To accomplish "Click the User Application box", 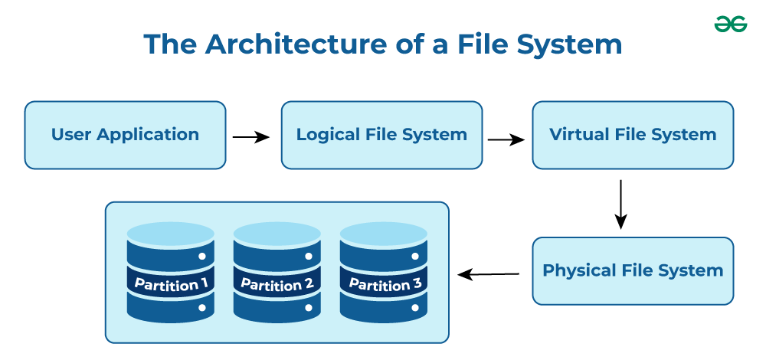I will pyautogui.click(x=125, y=135).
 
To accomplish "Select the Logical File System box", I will pyautogui.click(x=381, y=135).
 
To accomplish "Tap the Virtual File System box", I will pyautogui.click(x=633, y=135).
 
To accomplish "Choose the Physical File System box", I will pyautogui.click(x=633, y=271).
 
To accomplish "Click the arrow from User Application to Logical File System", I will pyautogui.click(x=250, y=137).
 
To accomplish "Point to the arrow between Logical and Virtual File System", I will pyautogui.click(x=506, y=140).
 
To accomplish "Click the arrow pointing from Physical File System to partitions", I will pyautogui.click(x=489, y=273).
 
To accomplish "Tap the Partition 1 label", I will pyautogui.click(x=171, y=285).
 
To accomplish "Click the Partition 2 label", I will pyautogui.click(x=277, y=285).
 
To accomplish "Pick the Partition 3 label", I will pyautogui.click(x=385, y=285).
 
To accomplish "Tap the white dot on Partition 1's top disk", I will pyautogui.click(x=201, y=257).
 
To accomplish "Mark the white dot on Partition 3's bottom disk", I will pyautogui.click(x=415, y=308).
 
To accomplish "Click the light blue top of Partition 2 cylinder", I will pyautogui.click(x=277, y=233).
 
